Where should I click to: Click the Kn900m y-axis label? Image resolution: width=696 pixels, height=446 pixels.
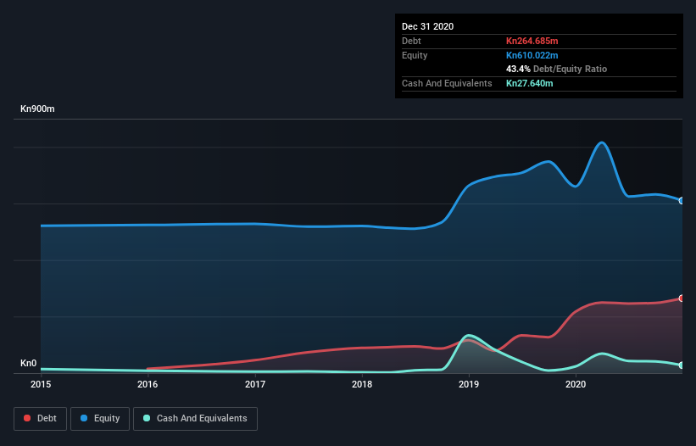(38, 109)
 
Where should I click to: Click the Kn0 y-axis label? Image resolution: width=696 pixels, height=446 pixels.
(29, 364)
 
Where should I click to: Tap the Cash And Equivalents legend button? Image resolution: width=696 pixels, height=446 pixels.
(195, 418)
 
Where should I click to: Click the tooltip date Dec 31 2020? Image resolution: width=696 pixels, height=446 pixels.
(427, 26)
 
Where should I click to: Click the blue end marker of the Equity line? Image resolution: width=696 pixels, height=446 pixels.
(682, 201)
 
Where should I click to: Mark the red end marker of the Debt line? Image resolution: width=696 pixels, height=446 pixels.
(682, 298)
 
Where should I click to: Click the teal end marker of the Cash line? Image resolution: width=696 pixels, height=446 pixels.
(682, 365)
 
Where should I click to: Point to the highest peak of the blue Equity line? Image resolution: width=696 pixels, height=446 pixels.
(602, 142)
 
